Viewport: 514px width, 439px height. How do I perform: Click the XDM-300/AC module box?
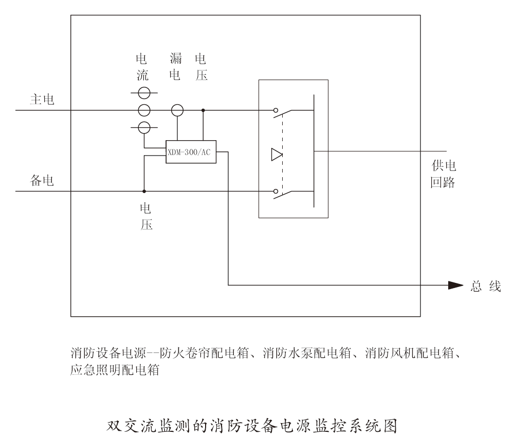coord(191,151)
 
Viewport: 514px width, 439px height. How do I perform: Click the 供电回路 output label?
coord(443,174)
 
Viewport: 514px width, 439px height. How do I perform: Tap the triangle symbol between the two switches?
coord(277,154)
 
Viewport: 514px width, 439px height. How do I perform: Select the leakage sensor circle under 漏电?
coord(177,110)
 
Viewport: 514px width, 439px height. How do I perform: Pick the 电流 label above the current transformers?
coord(144,67)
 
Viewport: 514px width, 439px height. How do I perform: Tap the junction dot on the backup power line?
coord(144,191)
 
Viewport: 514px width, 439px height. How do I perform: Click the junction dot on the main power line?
coord(203,110)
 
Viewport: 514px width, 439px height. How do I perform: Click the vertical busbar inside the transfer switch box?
coord(313,151)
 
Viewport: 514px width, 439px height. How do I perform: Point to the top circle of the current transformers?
coord(144,93)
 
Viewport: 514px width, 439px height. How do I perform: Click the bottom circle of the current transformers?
coord(144,127)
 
